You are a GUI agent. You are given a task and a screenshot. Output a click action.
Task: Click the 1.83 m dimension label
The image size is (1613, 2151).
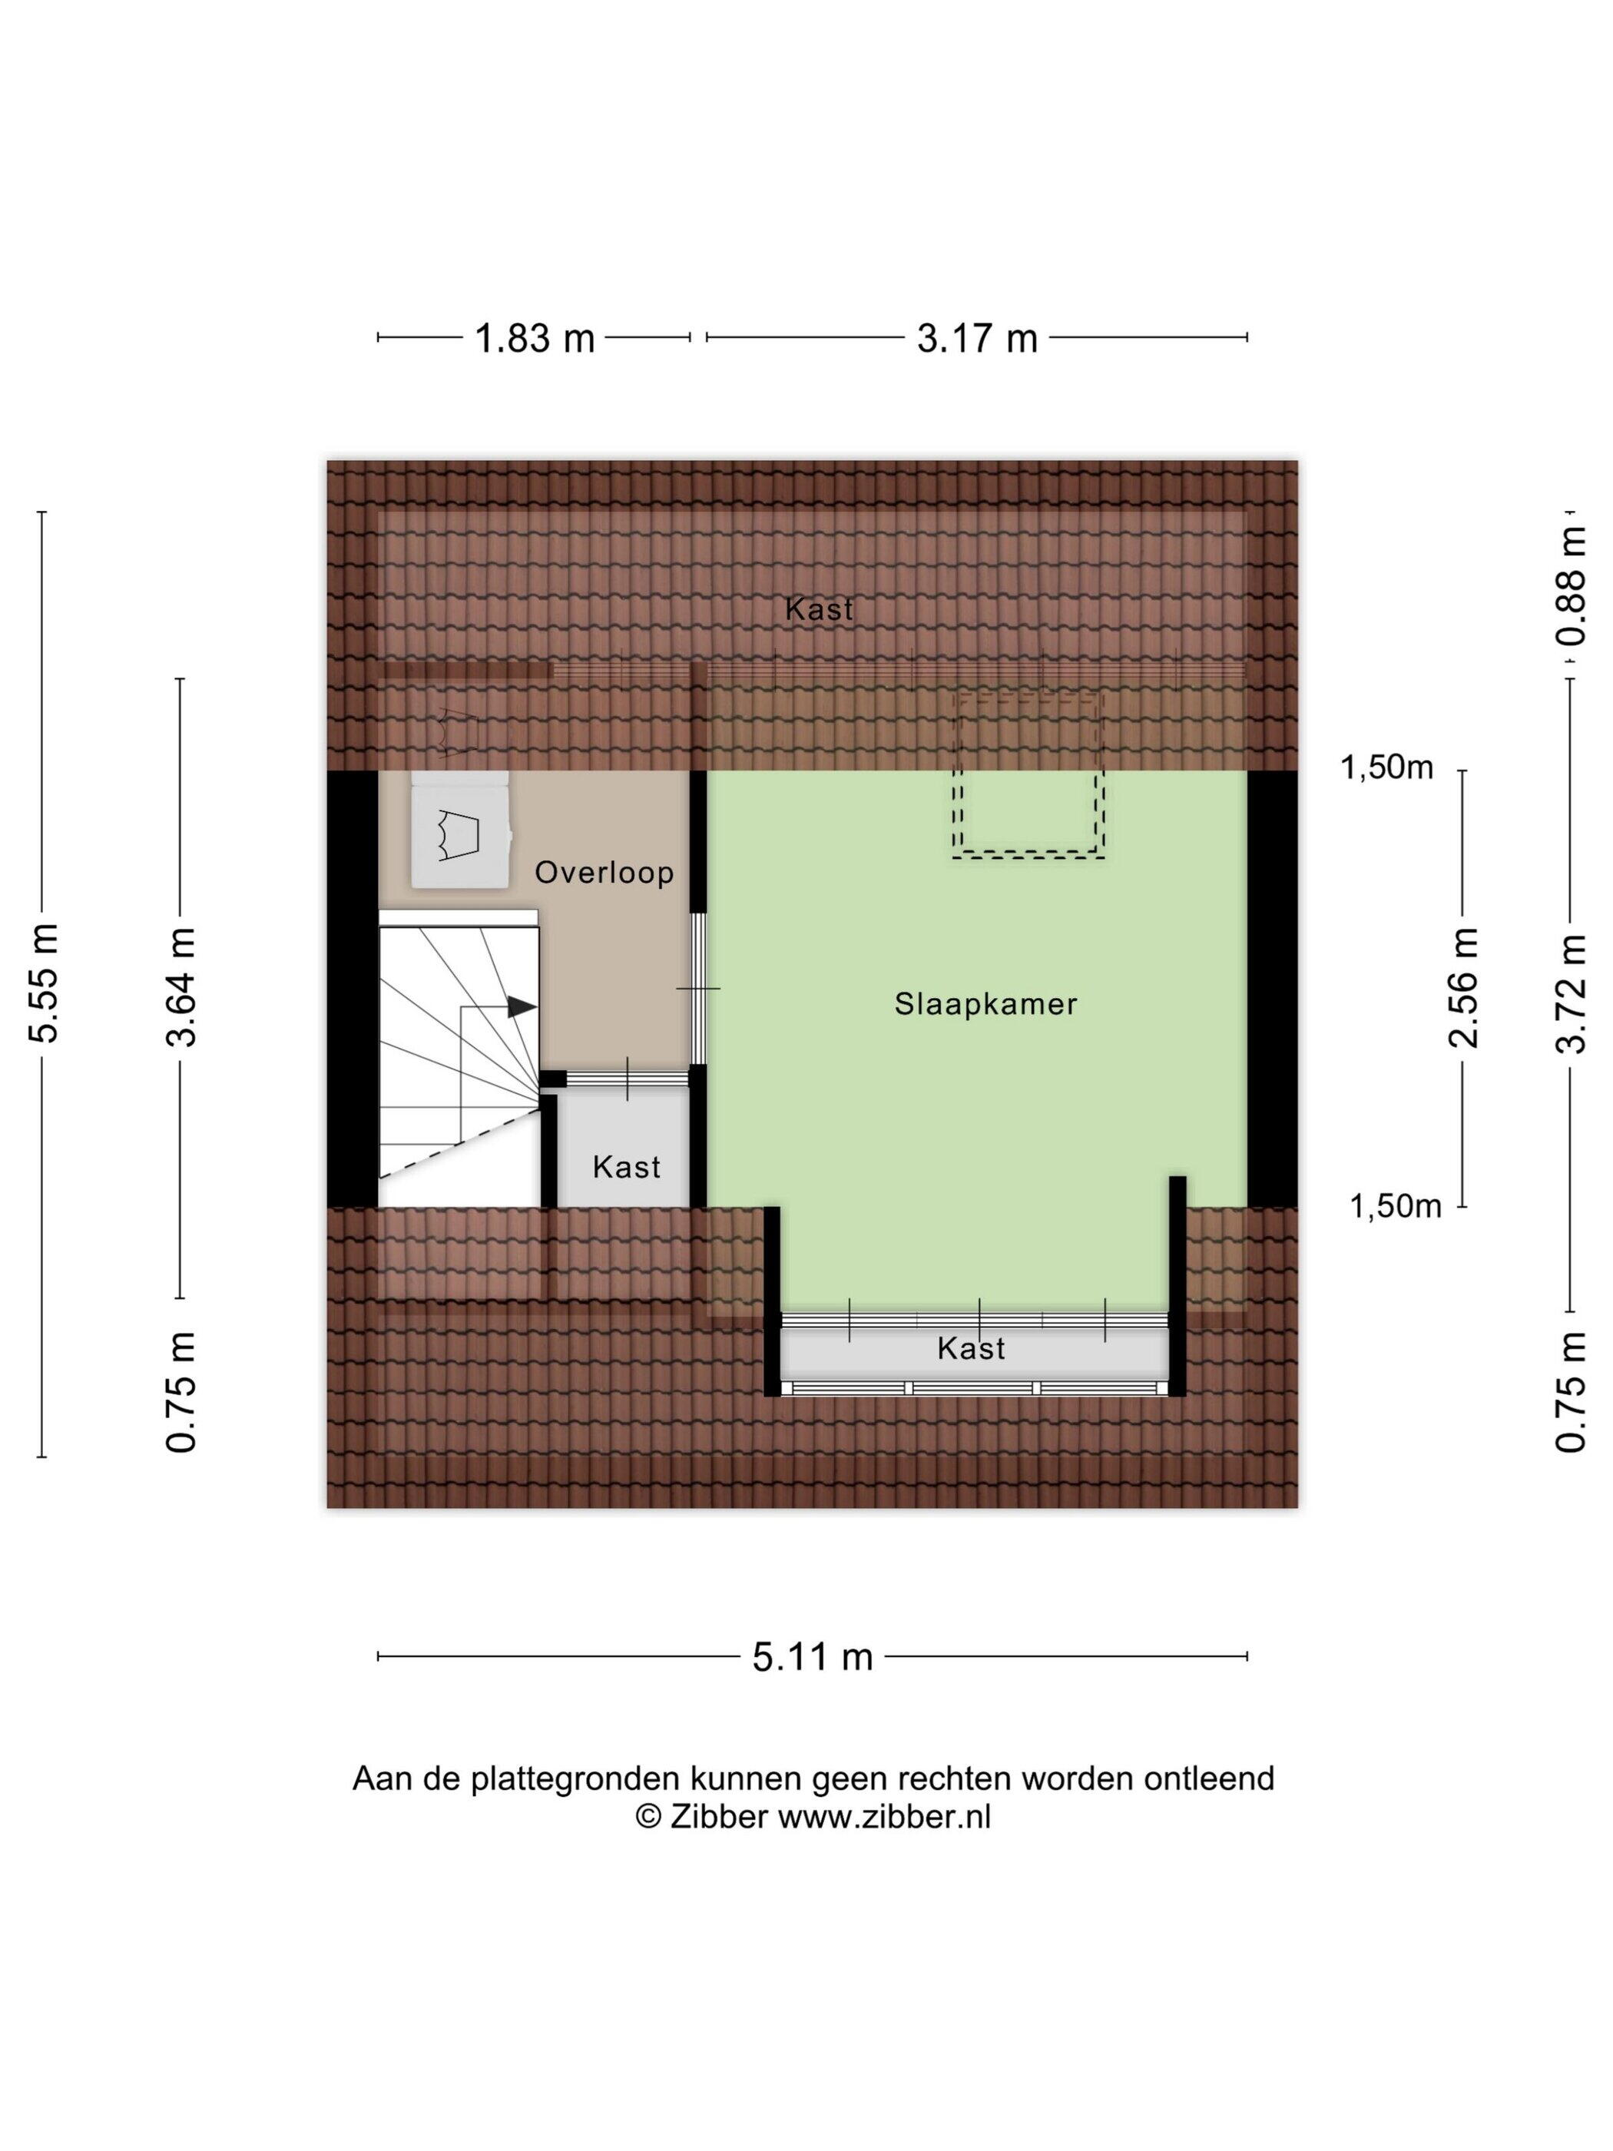pos(534,339)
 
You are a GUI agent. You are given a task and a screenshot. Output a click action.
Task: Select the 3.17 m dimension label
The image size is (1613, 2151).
pos(977,339)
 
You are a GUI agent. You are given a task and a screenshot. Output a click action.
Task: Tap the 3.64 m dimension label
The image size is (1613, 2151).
pos(182,986)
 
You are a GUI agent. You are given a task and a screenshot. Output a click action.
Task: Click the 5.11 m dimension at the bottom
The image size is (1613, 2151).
pos(813,1656)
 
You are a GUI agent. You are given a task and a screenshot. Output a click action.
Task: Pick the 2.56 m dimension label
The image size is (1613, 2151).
pos(1463,987)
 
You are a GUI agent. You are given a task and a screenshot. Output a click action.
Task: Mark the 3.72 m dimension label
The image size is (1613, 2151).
pos(1572,993)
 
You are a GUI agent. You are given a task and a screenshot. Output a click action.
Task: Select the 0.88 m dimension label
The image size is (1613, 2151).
pos(1572,585)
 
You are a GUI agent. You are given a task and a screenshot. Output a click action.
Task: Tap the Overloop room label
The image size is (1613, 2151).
pos(604,872)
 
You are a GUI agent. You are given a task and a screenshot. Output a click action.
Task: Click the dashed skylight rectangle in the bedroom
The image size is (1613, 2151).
pos(1028,775)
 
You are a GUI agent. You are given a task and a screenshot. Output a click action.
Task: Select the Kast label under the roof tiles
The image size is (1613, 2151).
pos(819,610)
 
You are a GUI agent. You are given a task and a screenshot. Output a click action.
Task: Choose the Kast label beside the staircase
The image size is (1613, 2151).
pos(626,1167)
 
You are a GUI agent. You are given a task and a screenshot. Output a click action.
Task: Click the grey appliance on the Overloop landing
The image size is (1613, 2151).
pos(460,830)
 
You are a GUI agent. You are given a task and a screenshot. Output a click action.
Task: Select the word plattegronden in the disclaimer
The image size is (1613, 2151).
pos(575,1779)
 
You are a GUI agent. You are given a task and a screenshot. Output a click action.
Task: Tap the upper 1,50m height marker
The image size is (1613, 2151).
pos(1386,767)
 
